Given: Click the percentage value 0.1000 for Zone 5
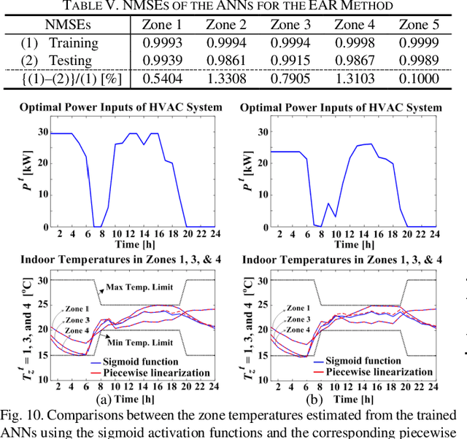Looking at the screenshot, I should click(x=420, y=77).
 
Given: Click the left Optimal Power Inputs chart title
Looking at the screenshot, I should click(x=121, y=108).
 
